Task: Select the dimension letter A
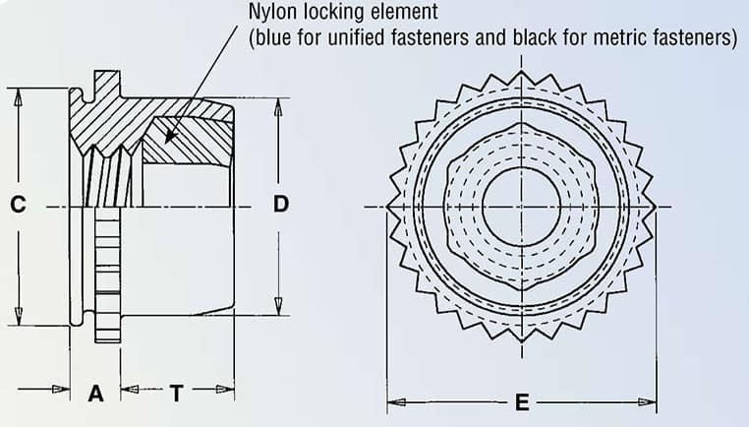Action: (x=95, y=394)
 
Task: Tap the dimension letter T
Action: (x=176, y=394)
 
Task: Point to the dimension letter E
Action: (x=522, y=401)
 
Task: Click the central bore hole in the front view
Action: (x=522, y=206)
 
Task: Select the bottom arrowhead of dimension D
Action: (x=279, y=304)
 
